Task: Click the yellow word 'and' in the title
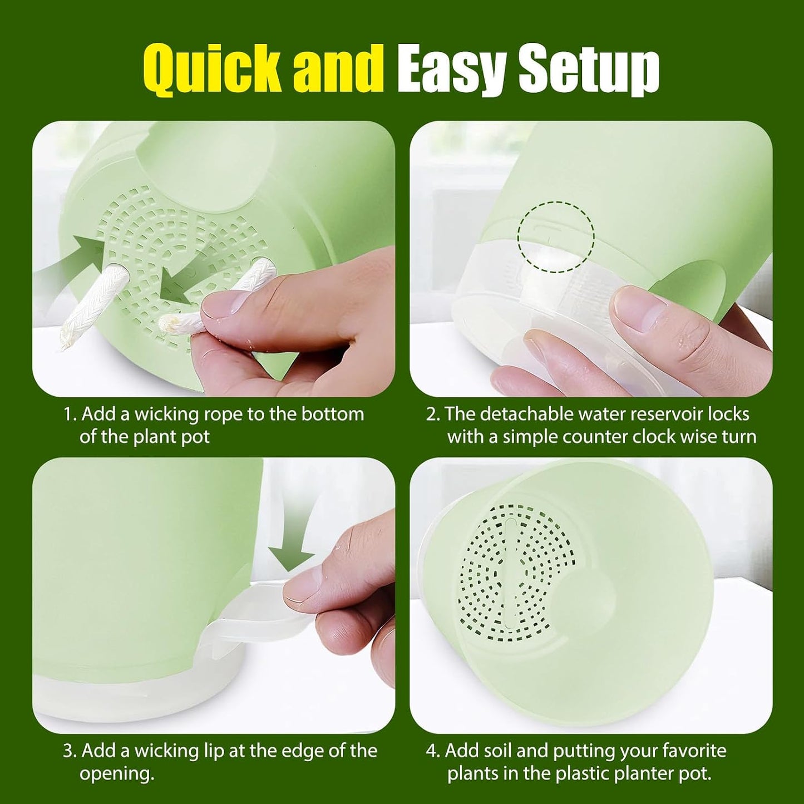[x=338, y=67]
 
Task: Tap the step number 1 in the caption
[x=68, y=414]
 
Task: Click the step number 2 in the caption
[x=431, y=414]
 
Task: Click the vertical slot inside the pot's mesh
[x=511, y=579]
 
